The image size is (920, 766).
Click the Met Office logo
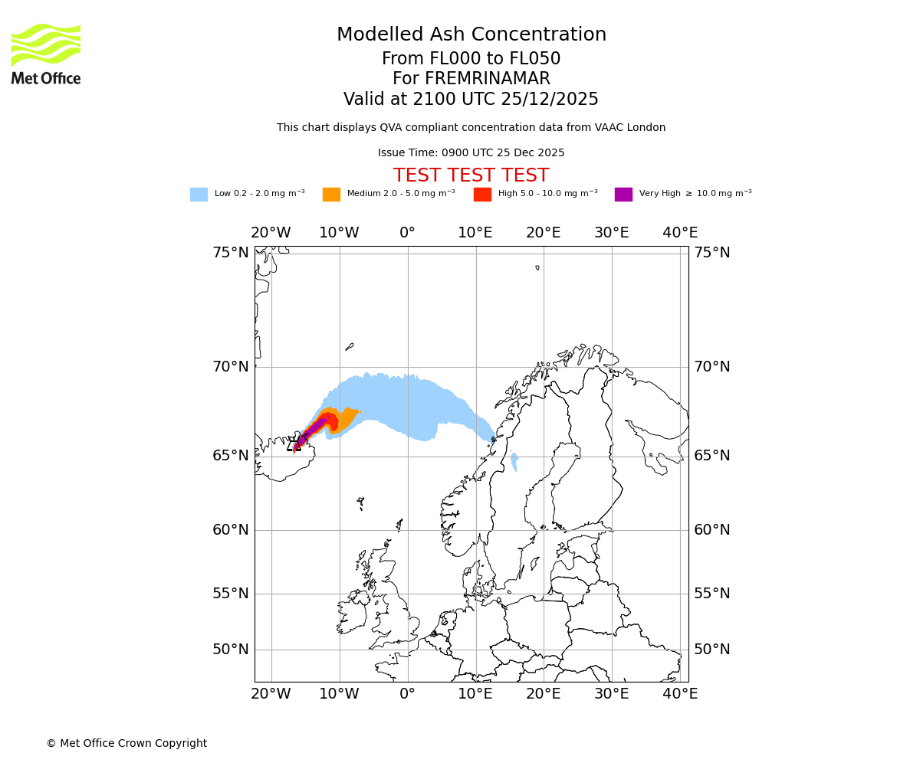coord(46,54)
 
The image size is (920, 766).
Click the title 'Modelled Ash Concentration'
coord(471,34)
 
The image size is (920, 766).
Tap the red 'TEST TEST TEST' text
coord(471,175)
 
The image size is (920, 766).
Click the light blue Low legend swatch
coord(199,195)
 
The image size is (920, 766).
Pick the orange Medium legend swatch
coord(331,195)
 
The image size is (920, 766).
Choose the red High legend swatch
coord(482,195)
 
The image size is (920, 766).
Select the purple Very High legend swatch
coord(623,195)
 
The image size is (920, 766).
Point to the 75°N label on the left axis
coord(230,253)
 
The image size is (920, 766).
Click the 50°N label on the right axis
coord(711,650)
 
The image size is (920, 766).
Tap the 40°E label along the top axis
coord(679,233)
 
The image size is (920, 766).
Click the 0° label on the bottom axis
coord(407,694)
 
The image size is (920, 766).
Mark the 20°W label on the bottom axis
coord(271,694)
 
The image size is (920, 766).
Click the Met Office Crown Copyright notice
coord(127,743)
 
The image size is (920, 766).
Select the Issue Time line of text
coord(471,152)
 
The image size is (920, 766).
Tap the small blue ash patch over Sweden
coord(514,461)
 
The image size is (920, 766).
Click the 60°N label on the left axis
coord(230,530)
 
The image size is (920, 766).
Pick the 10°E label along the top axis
coord(475,233)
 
